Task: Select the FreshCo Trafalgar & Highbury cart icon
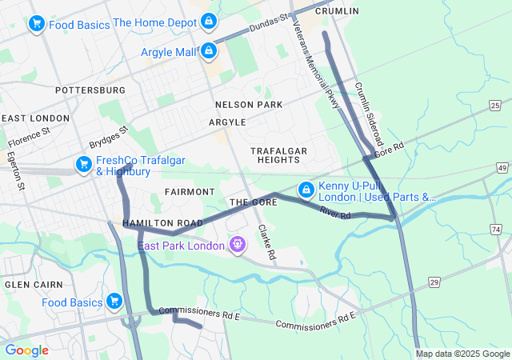tap(83, 165)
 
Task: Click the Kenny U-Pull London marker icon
tap(306, 190)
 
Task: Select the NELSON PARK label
tap(249, 105)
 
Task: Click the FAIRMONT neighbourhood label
tap(189, 192)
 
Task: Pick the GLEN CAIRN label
tap(29, 285)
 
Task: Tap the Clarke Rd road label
tap(266, 242)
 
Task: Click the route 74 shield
tap(497, 230)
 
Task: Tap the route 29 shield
tap(434, 282)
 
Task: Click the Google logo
tap(26, 350)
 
